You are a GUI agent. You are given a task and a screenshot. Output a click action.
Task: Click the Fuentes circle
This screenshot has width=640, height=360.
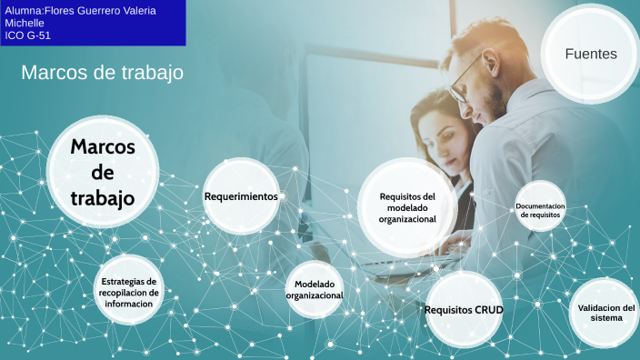590,54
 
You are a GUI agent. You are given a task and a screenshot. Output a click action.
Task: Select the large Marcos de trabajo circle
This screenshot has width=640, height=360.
103,172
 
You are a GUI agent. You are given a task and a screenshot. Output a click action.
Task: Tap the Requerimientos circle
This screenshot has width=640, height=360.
241,196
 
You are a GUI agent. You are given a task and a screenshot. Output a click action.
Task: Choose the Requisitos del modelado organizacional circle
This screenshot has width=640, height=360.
407,207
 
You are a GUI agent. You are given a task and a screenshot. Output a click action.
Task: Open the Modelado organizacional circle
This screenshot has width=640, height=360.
315,290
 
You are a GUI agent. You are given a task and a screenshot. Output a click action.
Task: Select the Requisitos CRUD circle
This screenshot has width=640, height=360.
464,310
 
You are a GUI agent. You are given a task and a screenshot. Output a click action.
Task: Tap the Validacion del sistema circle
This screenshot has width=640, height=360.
605,313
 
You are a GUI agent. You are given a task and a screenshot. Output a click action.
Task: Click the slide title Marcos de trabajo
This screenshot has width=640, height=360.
102,72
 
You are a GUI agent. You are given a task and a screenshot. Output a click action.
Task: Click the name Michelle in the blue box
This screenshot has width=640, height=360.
25,23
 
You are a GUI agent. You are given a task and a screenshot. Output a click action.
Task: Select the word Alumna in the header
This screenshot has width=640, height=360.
23,10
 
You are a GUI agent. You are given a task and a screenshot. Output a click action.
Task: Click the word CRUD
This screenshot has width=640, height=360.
487,310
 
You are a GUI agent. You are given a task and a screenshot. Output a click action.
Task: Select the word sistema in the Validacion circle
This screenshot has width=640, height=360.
605,318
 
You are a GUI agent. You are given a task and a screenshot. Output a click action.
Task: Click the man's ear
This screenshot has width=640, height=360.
506,70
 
